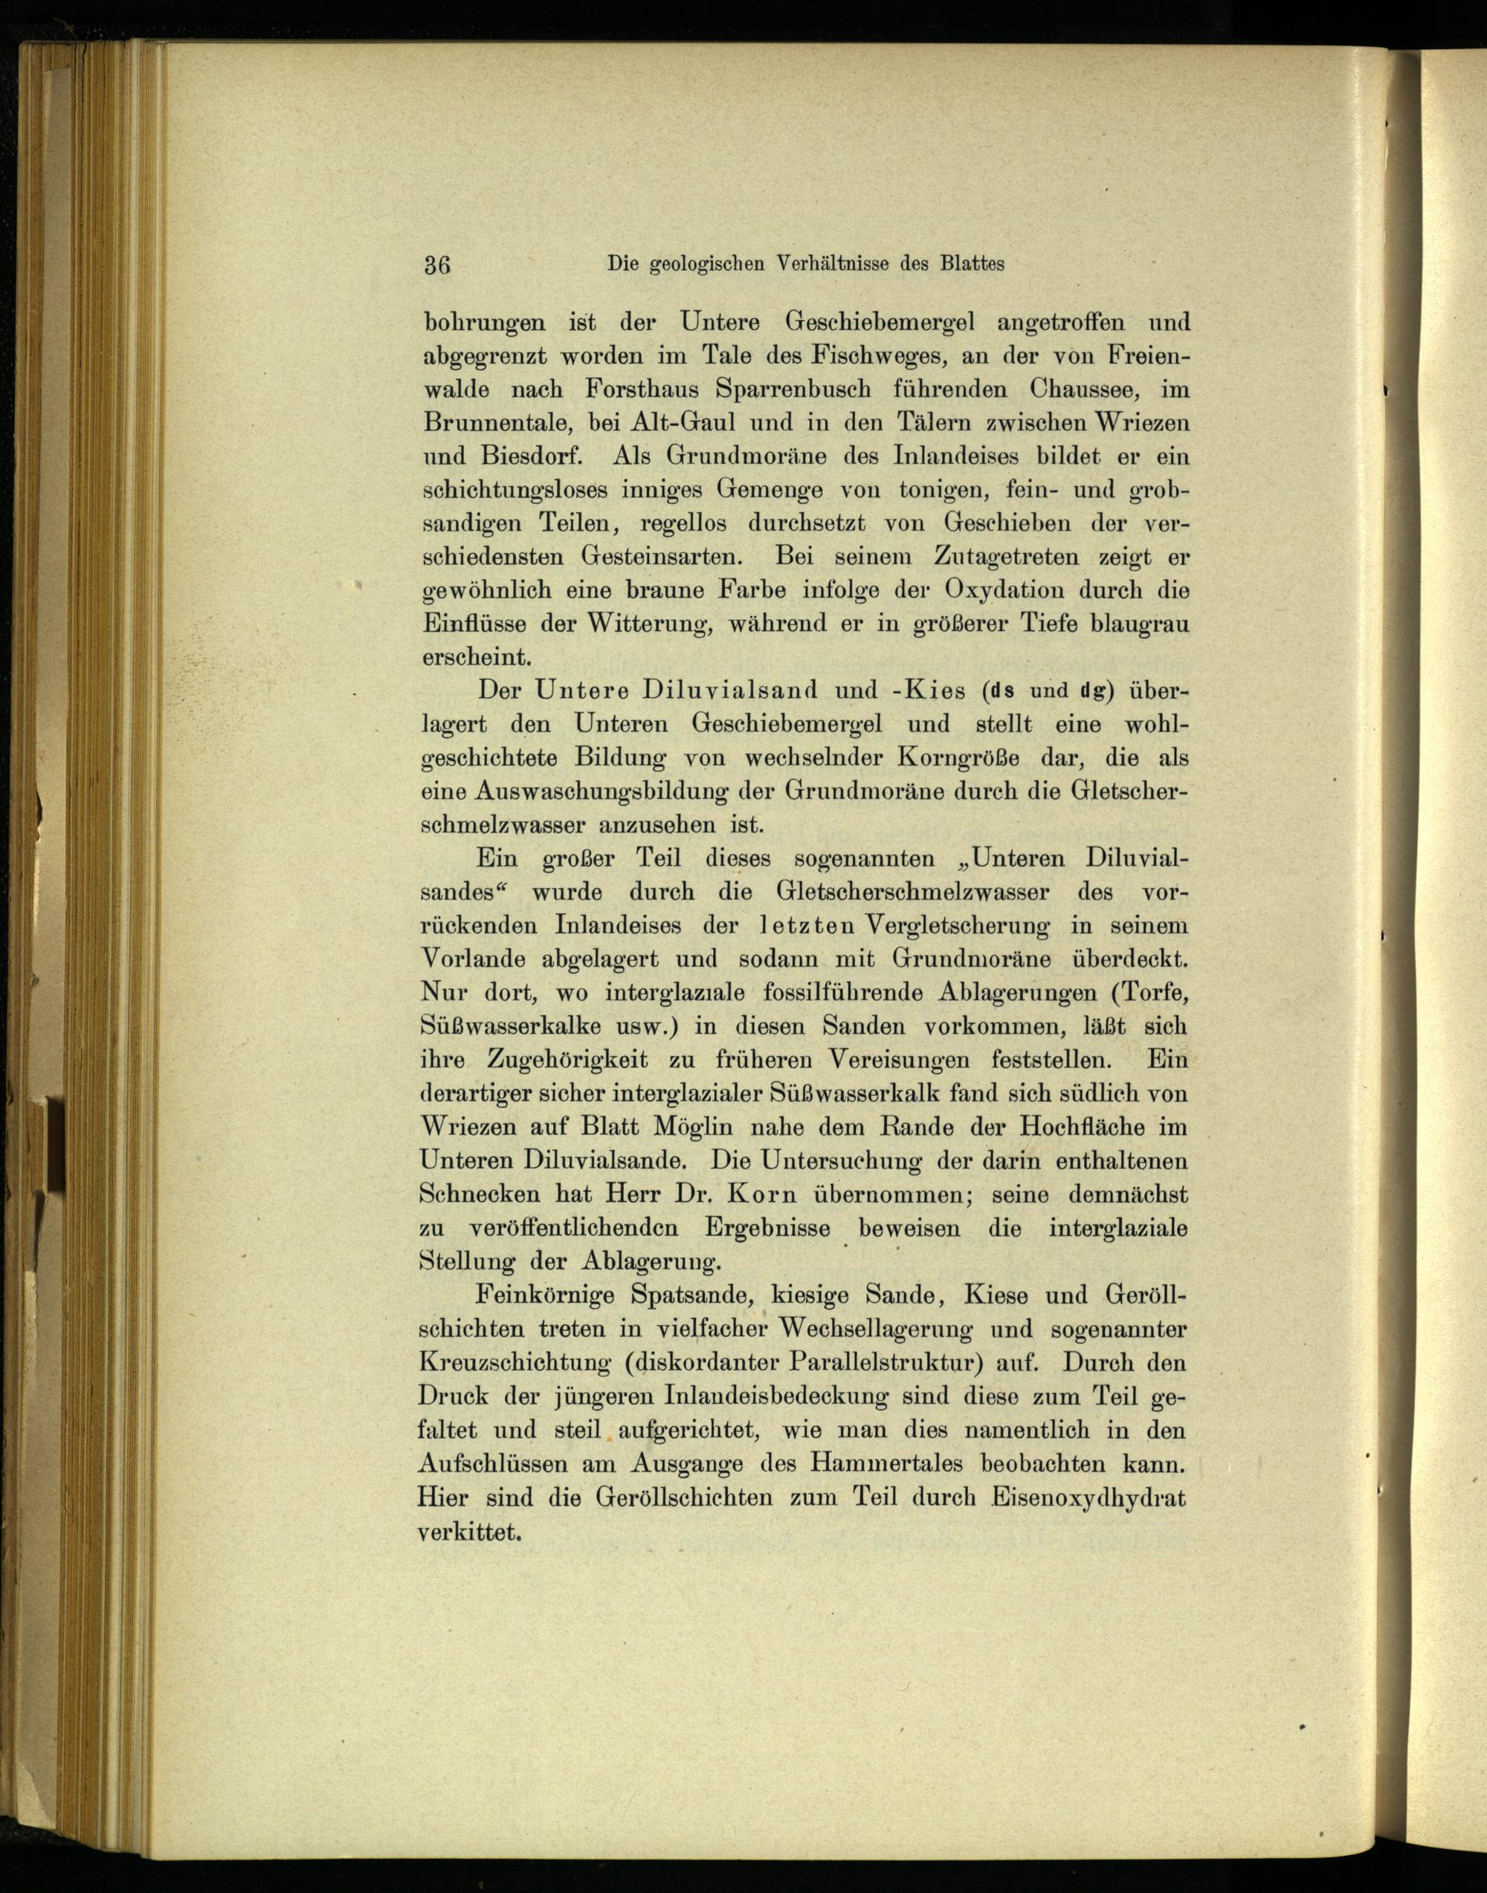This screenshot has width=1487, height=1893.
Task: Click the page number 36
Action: point(436,265)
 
